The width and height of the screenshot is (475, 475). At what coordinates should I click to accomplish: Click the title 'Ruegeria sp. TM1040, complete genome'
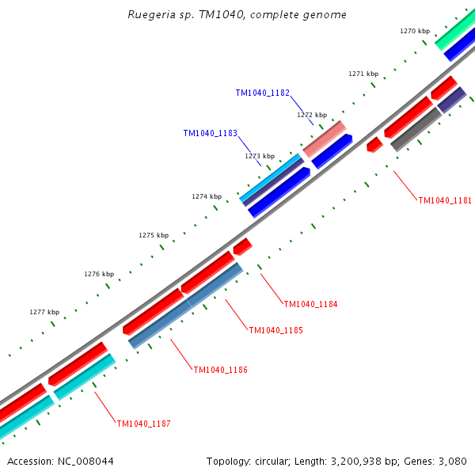click(x=237, y=15)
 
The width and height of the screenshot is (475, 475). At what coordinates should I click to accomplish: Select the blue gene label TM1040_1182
click(x=262, y=93)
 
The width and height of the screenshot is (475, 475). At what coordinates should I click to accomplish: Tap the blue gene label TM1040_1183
click(x=210, y=134)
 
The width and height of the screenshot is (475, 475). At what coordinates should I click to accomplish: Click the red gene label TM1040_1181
click(x=445, y=200)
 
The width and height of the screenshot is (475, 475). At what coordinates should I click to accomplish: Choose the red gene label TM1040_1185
click(x=275, y=330)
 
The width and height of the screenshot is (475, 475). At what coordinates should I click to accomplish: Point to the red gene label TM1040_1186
click(x=221, y=370)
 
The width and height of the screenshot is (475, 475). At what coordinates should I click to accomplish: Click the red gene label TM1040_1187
click(x=143, y=424)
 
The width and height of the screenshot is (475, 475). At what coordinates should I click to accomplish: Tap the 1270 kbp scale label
click(x=415, y=31)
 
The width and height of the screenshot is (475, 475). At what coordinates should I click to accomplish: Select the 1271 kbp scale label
click(x=363, y=74)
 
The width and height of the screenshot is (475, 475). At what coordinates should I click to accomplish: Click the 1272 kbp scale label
click(x=312, y=115)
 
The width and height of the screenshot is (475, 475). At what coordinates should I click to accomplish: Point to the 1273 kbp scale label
click(x=260, y=156)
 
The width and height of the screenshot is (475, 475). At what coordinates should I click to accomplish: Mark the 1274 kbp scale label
click(x=207, y=196)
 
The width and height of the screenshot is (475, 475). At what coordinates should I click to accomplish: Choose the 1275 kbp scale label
click(x=154, y=235)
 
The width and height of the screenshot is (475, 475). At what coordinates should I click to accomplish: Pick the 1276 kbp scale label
click(x=99, y=274)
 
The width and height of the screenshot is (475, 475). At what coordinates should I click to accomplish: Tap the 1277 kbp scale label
click(x=44, y=312)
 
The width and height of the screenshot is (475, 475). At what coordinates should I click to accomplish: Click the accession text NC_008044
click(x=60, y=461)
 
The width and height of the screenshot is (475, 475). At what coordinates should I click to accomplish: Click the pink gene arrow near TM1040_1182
click(x=325, y=139)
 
